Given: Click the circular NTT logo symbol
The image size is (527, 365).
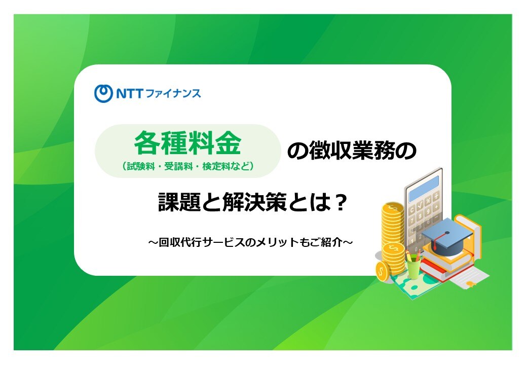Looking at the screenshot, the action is (103, 93).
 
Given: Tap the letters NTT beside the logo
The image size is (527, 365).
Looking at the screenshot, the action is (130, 93).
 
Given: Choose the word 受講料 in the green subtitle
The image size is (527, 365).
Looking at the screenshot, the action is (178, 166).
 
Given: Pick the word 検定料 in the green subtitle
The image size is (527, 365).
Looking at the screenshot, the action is (216, 166).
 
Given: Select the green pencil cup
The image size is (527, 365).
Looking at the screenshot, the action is (413, 267).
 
